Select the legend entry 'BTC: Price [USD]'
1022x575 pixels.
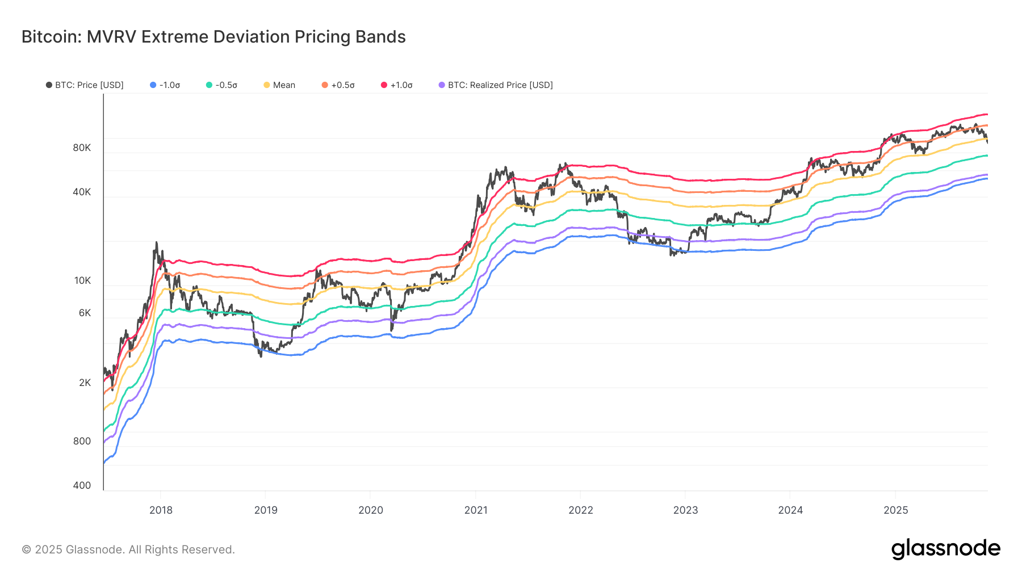tap(85, 85)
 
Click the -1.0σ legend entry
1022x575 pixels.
tap(165, 85)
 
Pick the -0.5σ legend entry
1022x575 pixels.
tap(222, 85)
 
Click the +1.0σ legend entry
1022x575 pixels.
tap(397, 85)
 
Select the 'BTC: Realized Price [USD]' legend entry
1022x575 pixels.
tap(496, 85)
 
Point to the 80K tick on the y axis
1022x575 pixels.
tap(82, 148)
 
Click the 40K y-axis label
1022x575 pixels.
tap(82, 192)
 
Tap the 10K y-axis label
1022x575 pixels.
tap(82, 280)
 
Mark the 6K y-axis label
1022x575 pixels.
tap(85, 313)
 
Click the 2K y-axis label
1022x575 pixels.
tap(85, 383)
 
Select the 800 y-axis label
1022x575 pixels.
tap(82, 441)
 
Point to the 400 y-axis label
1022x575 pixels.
tap(82, 485)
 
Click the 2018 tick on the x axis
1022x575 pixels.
tap(161, 510)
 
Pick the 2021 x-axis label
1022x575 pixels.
tap(476, 510)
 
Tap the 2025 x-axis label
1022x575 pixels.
tap(895, 510)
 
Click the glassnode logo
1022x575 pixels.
tap(945, 549)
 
